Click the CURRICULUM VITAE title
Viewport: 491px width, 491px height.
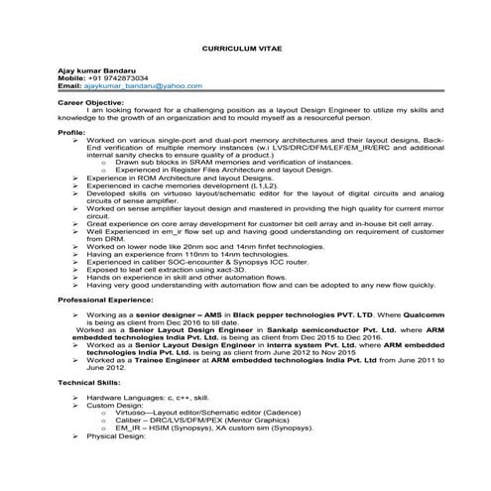(245, 47)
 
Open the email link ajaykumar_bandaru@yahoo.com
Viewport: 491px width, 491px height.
(148, 85)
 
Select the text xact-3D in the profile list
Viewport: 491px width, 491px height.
(234, 268)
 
